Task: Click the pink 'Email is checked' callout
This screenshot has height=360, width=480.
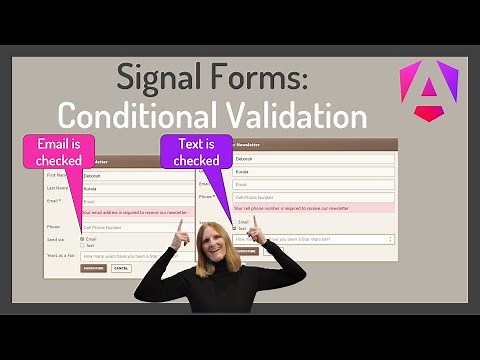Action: point(58,152)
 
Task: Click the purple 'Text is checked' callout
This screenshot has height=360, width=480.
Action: point(196,152)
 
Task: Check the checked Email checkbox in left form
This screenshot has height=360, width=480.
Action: point(82,239)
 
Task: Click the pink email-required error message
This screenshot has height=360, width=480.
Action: point(135,212)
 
